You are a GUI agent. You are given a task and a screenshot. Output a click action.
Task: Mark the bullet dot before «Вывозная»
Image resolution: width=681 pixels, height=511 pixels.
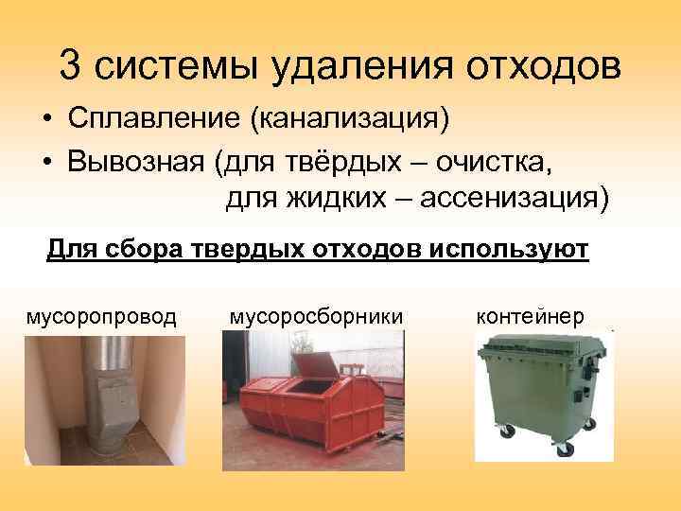click(x=46, y=163)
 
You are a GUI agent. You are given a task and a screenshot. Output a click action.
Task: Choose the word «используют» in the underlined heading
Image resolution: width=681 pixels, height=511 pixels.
click(x=509, y=250)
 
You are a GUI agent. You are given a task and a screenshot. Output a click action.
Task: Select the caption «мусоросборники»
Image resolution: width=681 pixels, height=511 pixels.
click(x=316, y=316)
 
